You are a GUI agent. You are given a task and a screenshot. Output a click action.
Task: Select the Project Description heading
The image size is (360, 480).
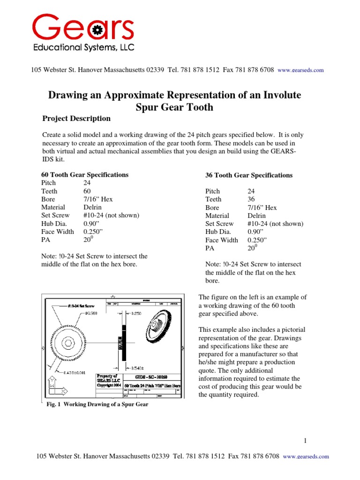point(76,119)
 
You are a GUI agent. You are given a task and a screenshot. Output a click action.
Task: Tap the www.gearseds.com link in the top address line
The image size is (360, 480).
point(300,70)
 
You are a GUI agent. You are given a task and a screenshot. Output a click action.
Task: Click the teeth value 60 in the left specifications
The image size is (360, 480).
point(88,191)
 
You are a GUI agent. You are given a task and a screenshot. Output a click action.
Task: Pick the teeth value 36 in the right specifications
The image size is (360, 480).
point(252,199)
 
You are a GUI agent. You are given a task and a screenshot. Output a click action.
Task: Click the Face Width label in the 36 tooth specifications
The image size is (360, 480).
point(222,240)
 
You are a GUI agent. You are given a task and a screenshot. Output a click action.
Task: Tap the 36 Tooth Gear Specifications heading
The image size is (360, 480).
point(249,175)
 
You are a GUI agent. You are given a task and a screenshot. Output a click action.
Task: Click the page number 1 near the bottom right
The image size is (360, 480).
point(305,441)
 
